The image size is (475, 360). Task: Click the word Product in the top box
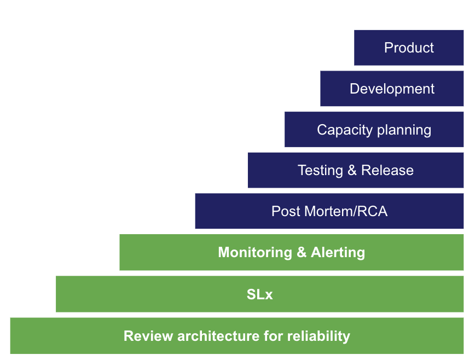(x=409, y=48)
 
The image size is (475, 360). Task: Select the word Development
(x=392, y=89)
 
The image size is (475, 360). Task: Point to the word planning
(x=403, y=130)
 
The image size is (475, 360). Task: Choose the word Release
(x=387, y=170)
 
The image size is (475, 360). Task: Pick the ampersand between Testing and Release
(x=352, y=170)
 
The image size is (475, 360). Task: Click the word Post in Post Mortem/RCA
(x=285, y=211)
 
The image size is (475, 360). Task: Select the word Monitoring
(x=254, y=252)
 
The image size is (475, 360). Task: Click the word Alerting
(x=338, y=252)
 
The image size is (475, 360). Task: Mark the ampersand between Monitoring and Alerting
(x=301, y=252)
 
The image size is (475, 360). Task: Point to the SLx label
(x=259, y=294)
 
